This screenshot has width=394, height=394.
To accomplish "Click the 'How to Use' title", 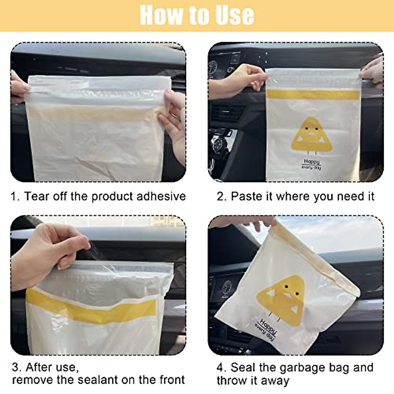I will tap(197, 15).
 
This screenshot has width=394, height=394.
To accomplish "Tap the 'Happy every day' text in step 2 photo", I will tap(311, 164).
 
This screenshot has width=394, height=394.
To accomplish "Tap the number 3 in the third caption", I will tap(15, 367).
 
